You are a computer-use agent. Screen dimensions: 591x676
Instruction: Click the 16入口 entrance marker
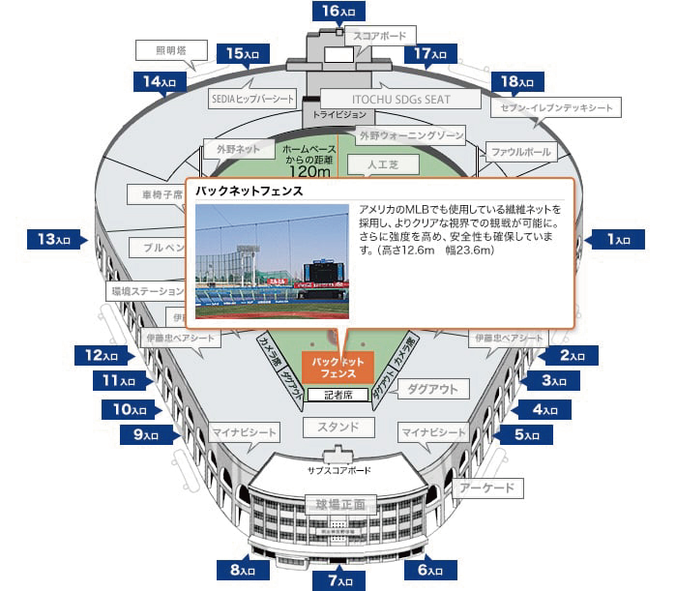pyautogui.click(x=338, y=11)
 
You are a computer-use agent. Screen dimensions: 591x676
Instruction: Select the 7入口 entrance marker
pyautogui.click(x=338, y=580)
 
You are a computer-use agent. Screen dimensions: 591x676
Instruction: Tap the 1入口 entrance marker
pyautogui.click(x=617, y=238)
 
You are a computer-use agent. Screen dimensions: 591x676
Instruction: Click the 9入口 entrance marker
pyautogui.click(x=146, y=434)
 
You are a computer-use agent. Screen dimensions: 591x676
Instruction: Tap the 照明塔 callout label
pyautogui.click(x=158, y=50)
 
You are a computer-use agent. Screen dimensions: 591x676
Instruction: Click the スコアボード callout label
pyautogui.click(x=380, y=36)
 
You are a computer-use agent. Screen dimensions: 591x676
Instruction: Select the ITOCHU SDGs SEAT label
pyautogui.click(x=399, y=99)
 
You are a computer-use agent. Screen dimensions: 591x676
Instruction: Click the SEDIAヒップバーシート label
pyautogui.click(x=252, y=99)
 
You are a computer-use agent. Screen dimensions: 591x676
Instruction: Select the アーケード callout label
pyautogui.click(x=487, y=488)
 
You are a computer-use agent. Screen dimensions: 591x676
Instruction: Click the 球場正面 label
pyautogui.click(x=338, y=504)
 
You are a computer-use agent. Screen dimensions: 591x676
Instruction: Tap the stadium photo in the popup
pyautogui.click(x=272, y=261)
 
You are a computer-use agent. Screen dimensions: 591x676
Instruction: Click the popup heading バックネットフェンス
pyautogui.click(x=250, y=192)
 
